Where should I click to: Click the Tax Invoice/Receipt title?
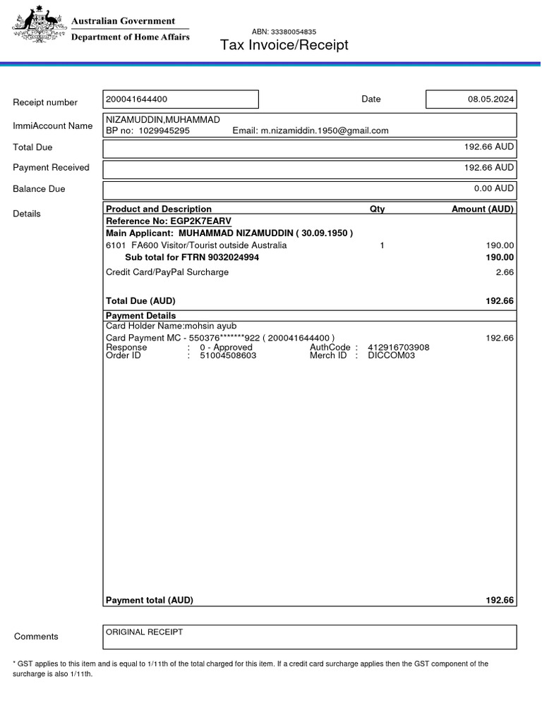[284, 46]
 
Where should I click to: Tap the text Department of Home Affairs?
[131, 37]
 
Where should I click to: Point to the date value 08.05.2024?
[490, 99]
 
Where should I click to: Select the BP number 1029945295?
[164, 130]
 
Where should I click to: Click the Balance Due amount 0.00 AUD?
[494, 188]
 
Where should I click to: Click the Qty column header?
[378, 209]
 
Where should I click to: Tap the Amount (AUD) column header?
[483, 209]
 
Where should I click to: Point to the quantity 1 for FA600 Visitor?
[382, 245]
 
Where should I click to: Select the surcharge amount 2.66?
[505, 272]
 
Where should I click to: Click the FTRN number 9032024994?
[227, 257]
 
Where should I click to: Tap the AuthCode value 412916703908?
[399, 348]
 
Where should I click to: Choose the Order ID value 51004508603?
[228, 355]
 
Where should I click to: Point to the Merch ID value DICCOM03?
[392, 355]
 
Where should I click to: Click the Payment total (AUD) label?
[149, 600]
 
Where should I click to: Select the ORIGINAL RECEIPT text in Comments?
[144, 632]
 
